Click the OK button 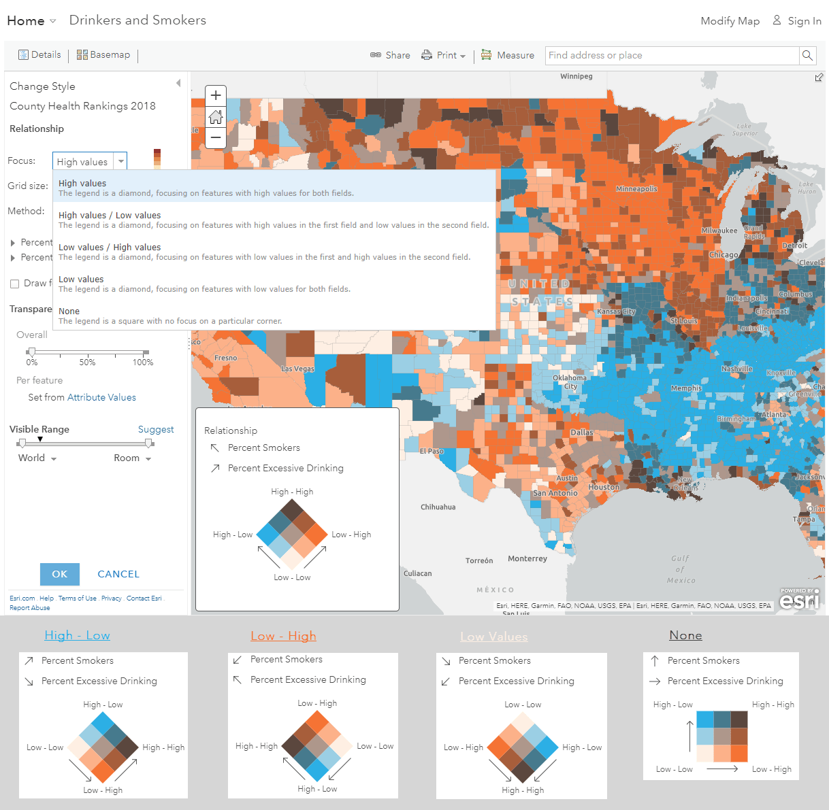60,574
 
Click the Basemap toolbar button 103,55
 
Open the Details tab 39,55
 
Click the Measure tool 508,55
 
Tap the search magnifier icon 807,55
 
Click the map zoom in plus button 216,95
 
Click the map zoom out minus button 216,137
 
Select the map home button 216,116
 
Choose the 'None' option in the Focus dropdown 69,311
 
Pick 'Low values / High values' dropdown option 110,248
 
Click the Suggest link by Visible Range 156,429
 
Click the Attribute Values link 101,397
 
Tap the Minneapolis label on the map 636,189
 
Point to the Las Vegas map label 297,369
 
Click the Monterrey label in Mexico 527,559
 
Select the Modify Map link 730,21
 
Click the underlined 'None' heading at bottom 685,635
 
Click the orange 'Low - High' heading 283,636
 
